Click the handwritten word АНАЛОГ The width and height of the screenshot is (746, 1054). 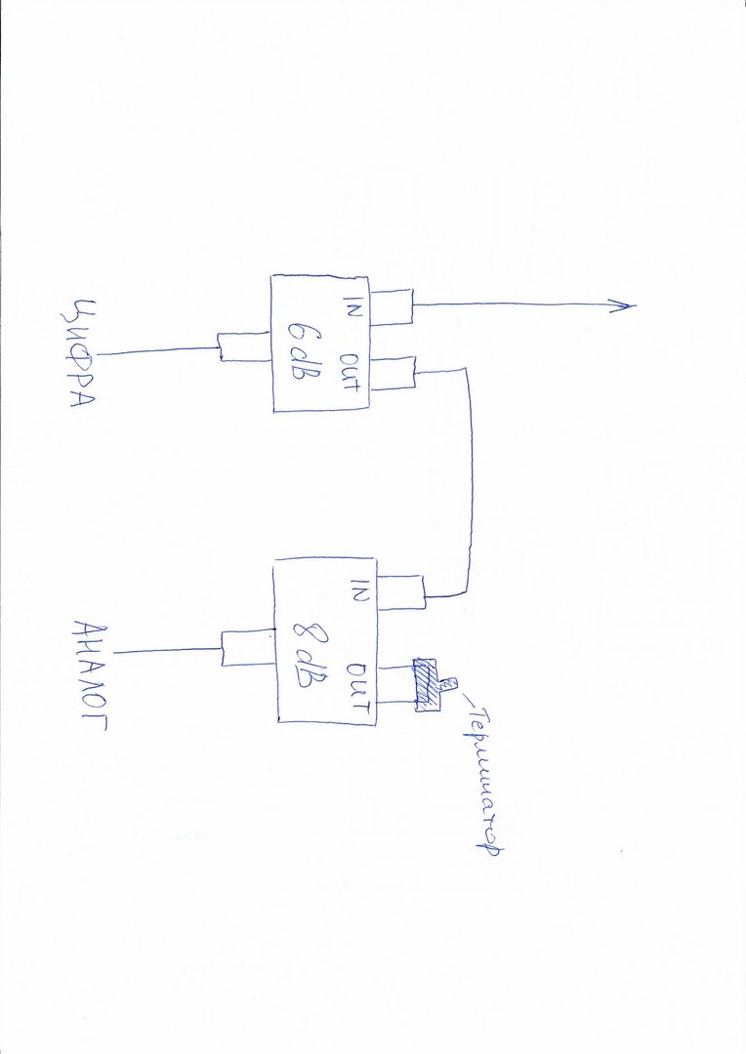point(90,677)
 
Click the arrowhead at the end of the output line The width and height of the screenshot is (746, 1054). point(626,306)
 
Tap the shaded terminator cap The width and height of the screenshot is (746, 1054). point(426,684)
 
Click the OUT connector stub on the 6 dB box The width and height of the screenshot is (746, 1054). point(393,373)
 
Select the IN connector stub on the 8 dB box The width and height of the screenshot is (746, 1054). point(400,588)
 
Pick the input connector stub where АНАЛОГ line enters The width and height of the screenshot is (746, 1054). point(248,646)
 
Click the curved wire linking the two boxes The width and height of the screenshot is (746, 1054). point(470,478)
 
